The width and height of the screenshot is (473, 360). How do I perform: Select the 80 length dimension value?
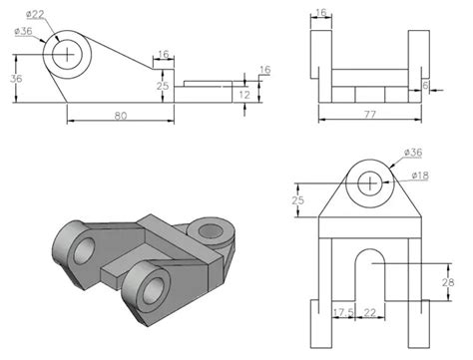(120, 115)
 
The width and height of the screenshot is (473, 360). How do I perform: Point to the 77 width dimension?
(369, 115)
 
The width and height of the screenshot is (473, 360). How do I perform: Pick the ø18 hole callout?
(420, 177)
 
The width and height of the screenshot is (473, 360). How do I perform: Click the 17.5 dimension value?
(343, 313)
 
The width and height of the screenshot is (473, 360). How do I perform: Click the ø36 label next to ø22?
(23, 32)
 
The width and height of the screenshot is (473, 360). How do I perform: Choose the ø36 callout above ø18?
(415, 153)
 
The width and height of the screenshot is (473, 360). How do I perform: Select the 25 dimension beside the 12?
(164, 87)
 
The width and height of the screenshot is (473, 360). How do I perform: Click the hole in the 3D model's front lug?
(155, 290)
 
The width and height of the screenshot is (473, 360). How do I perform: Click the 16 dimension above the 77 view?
(320, 14)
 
